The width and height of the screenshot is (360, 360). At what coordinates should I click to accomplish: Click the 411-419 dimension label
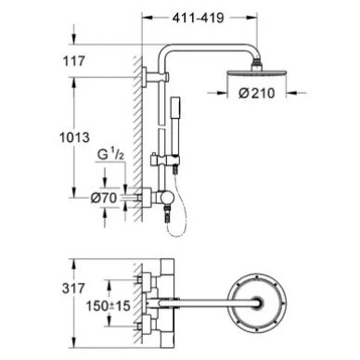pos(198,18)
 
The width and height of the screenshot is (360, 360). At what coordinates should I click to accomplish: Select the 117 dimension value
pos(74,61)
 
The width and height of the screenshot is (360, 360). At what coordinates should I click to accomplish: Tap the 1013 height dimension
pos(74,137)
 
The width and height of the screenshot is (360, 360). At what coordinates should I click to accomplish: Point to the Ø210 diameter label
pos(257,93)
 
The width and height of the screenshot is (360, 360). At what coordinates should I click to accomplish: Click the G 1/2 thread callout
pos(111,155)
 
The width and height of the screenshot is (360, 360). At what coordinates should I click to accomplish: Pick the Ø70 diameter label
pos(104,198)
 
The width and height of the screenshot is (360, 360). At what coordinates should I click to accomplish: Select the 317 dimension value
pos(73,289)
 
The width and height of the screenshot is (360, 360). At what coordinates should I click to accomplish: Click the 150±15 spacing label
pos(108,306)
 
